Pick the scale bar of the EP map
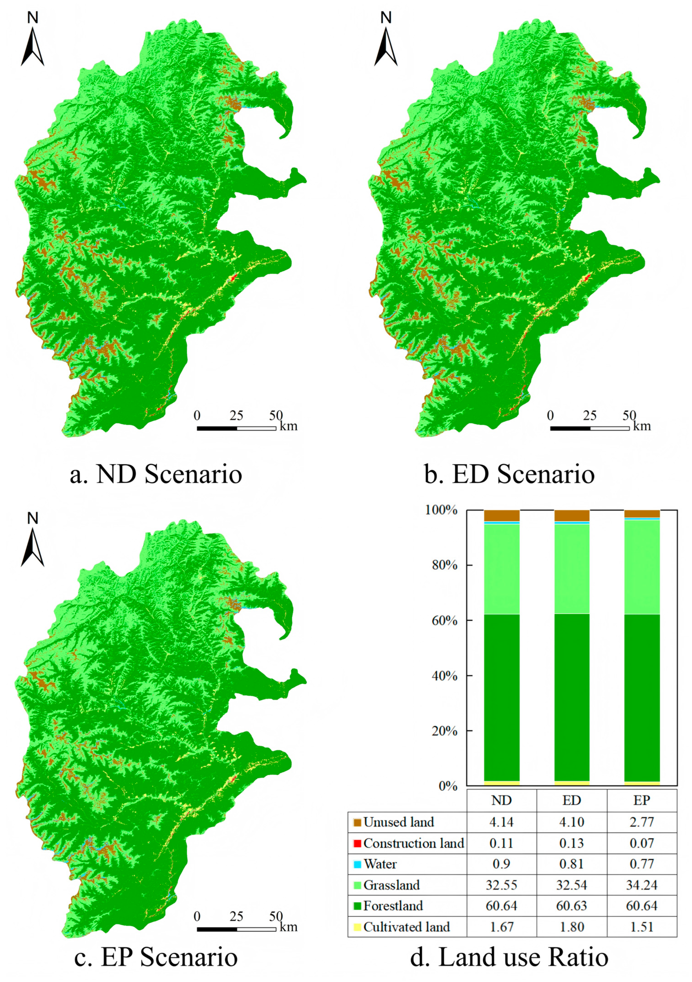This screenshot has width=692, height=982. (x=236, y=929)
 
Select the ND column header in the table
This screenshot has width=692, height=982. (x=501, y=800)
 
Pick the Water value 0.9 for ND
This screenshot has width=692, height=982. (x=501, y=864)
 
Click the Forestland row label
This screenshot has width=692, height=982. (x=393, y=906)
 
